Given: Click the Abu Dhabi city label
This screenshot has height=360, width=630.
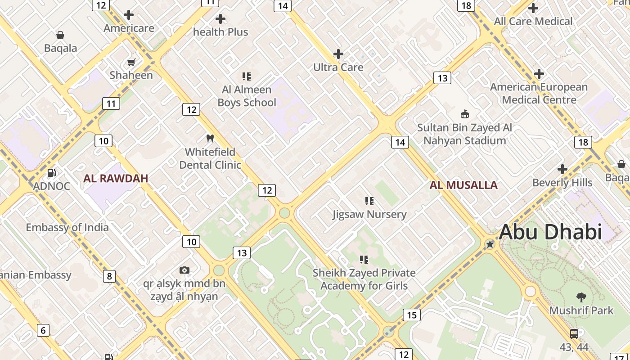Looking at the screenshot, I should (x=550, y=232).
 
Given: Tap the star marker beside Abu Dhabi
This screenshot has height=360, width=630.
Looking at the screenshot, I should (x=490, y=244).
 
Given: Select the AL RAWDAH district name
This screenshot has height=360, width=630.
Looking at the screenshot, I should (x=116, y=178).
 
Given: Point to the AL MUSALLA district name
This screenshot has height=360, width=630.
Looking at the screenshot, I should (x=463, y=185).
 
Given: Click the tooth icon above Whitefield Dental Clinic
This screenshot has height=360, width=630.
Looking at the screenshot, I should (x=210, y=138).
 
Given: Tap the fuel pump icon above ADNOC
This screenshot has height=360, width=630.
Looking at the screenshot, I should (x=52, y=173).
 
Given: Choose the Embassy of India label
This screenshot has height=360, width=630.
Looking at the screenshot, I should (x=67, y=227).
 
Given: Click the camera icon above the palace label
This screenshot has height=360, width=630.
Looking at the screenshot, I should (x=184, y=270).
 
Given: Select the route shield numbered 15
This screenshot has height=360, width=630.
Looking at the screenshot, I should (x=411, y=315).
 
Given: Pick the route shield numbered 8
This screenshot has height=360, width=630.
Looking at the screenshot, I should (x=109, y=276).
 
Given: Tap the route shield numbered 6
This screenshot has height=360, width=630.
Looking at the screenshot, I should (x=43, y=330).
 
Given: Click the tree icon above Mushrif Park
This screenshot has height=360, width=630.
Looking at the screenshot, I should (x=581, y=297).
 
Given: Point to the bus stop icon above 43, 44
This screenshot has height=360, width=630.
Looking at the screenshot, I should (x=574, y=334).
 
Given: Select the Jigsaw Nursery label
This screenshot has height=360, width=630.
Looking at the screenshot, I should (x=369, y=214).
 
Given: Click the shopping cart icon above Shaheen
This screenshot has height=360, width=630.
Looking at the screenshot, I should (x=131, y=62).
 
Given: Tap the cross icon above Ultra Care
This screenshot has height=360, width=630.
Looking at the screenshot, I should (x=338, y=54).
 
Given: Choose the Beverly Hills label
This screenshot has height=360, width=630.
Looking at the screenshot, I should (x=562, y=182).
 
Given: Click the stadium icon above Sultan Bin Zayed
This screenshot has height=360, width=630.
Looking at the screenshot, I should (x=464, y=114).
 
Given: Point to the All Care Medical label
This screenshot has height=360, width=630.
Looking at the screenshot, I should (x=533, y=21).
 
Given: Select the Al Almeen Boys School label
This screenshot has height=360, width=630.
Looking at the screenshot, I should (x=247, y=96).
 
